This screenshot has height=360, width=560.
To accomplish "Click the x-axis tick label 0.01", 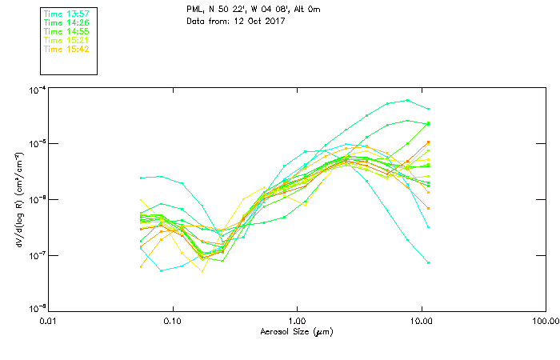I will [49, 321].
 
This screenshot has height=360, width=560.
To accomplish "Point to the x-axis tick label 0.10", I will [173, 321].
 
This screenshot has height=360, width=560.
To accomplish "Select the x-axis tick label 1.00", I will [298, 321].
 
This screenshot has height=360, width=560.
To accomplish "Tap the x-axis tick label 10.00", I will [421, 321].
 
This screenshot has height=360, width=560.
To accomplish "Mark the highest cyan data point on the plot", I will [408, 101].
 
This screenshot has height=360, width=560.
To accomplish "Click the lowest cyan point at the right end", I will [429, 262].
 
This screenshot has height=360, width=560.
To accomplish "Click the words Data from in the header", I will [206, 21].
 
